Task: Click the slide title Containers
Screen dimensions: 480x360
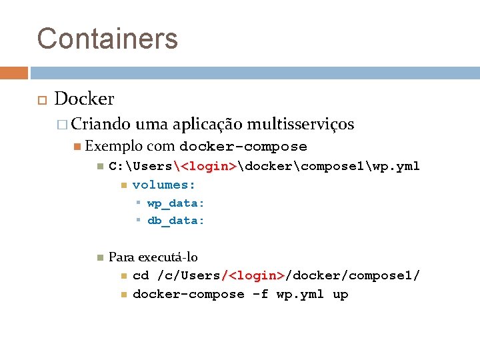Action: tap(107, 38)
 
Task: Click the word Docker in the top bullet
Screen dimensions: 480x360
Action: tap(84, 99)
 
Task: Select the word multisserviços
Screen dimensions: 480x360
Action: tap(300, 124)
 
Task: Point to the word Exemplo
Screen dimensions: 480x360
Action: tap(114, 146)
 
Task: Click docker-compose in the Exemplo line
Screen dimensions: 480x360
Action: tap(243, 147)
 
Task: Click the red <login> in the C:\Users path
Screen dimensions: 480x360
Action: tap(209, 166)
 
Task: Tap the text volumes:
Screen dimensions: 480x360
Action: tap(164, 185)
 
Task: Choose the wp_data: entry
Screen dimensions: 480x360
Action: tap(176, 203)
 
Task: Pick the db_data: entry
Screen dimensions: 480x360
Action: tap(176, 221)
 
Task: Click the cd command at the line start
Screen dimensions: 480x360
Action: tap(141, 275)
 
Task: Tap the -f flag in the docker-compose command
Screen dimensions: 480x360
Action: tap(260, 294)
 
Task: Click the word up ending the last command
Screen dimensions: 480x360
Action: tap(340, 294)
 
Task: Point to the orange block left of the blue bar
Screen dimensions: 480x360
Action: tap(14, 72)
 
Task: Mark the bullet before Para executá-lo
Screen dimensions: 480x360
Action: tap(99, 257)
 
